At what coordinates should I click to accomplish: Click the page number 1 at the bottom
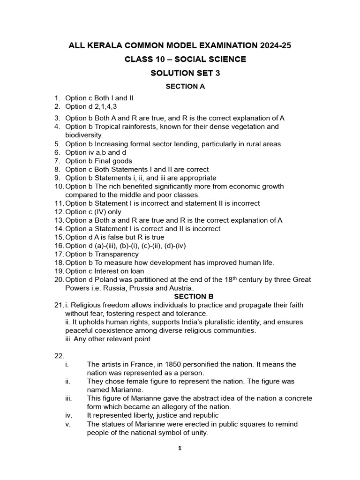pyautogui.click(x=180, y=448)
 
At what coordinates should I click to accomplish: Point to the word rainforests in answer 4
pyautogui.click(x=139, y=127)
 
